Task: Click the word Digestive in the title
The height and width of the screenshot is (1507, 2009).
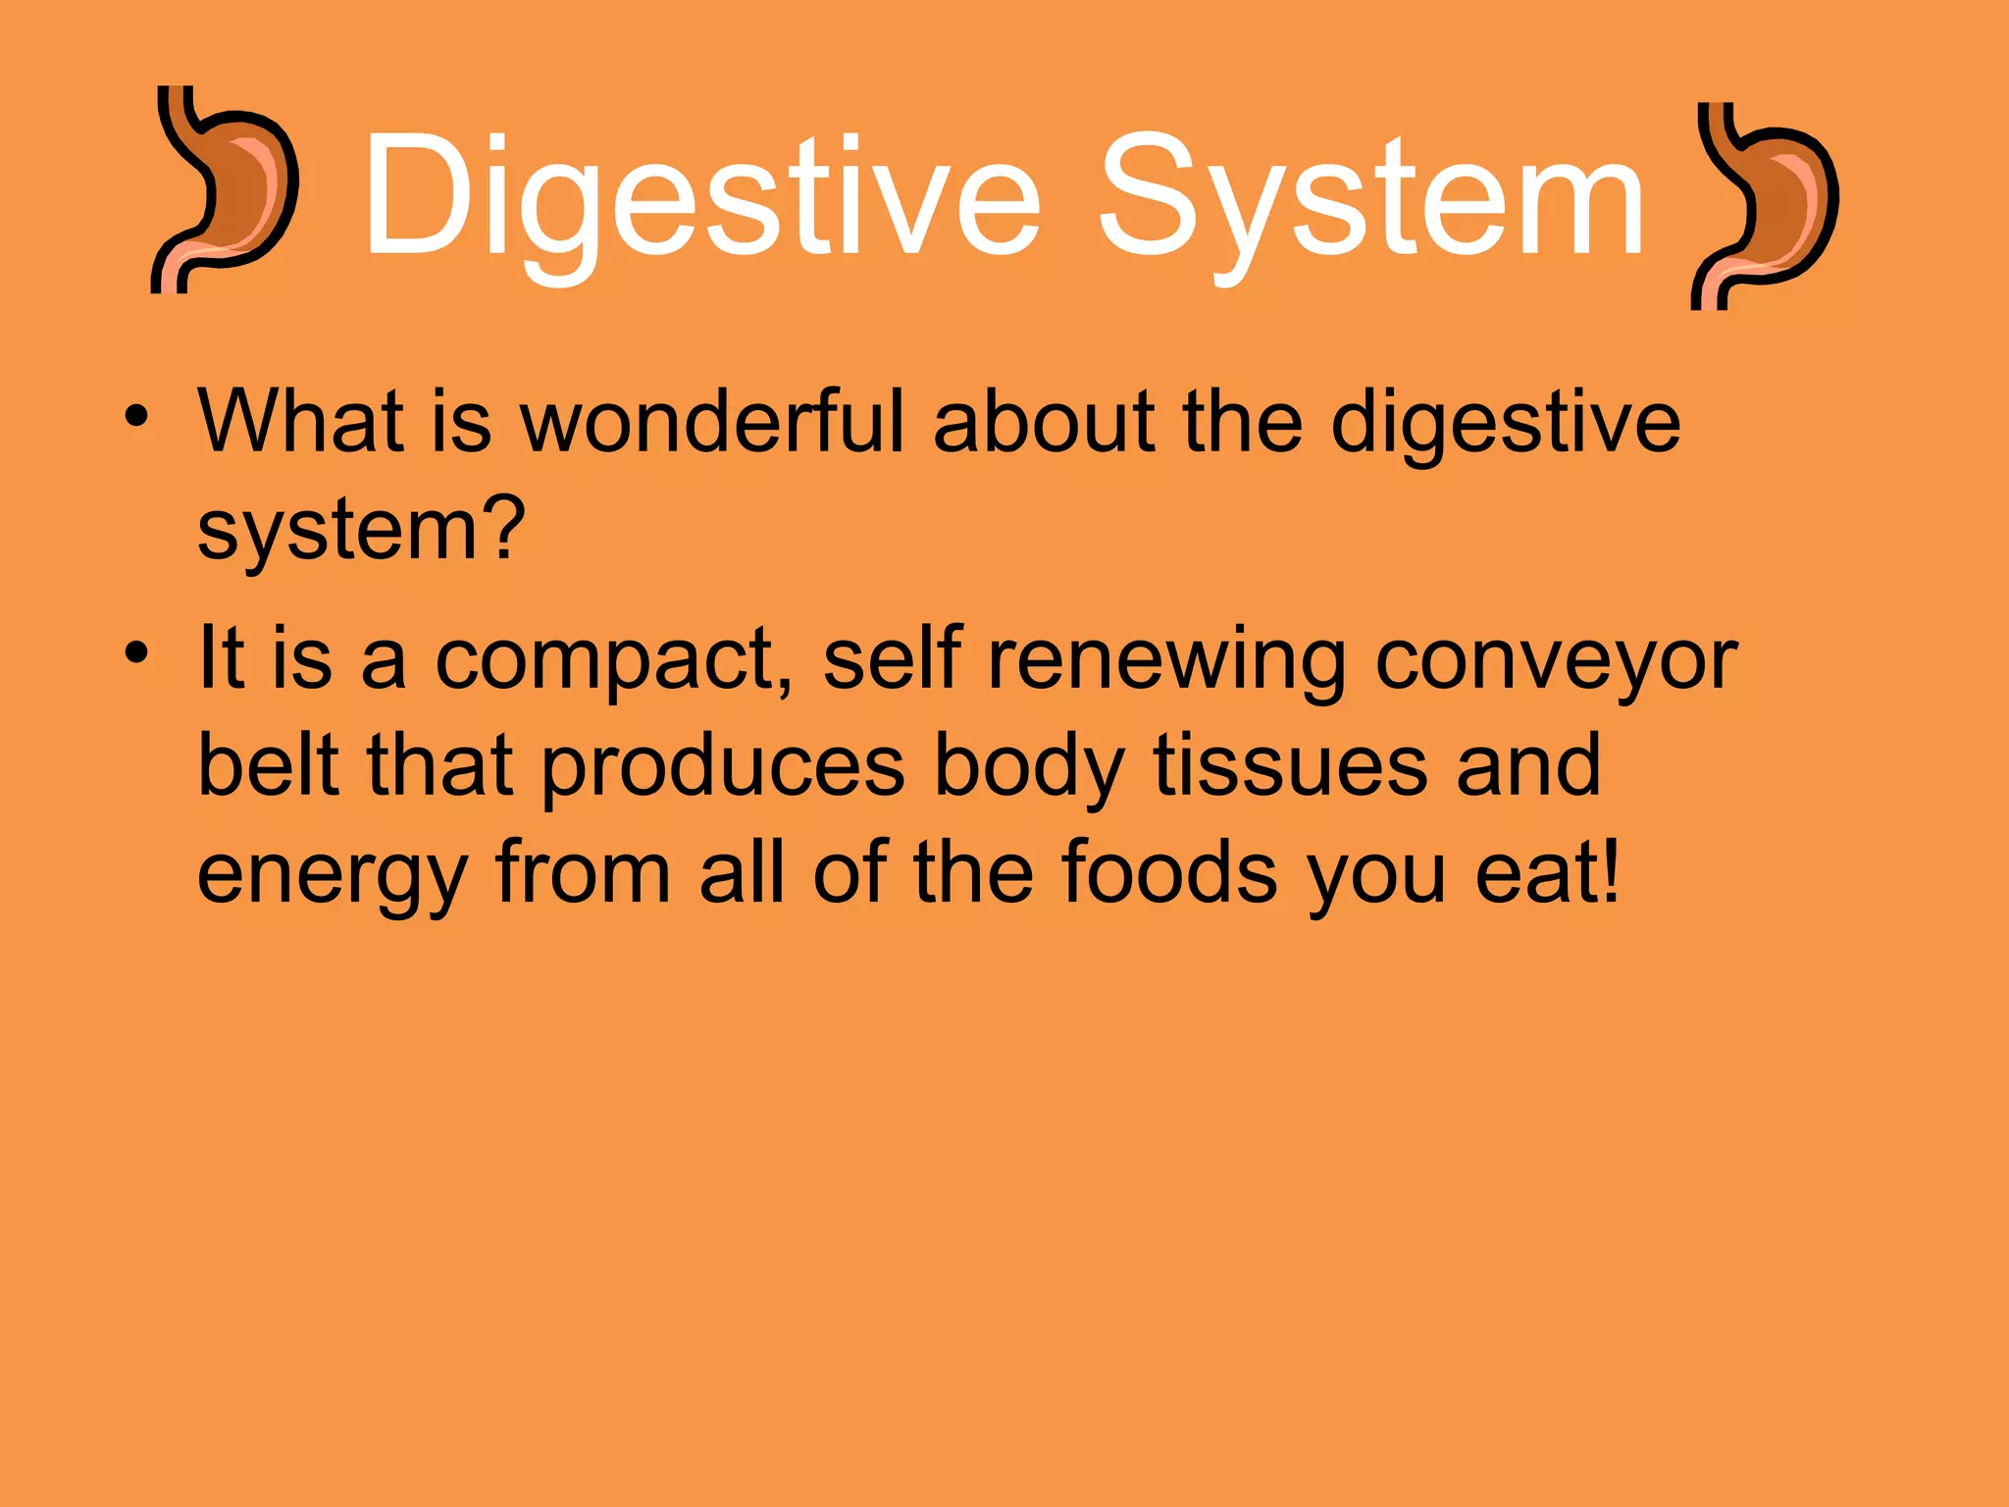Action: [700, 196]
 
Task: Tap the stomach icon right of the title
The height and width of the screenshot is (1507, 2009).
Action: [1765, 206]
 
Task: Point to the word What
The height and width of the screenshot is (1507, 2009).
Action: [300, 422]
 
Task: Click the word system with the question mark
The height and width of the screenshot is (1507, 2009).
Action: [361, 530]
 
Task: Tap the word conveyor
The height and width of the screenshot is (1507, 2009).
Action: [1556, 659]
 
